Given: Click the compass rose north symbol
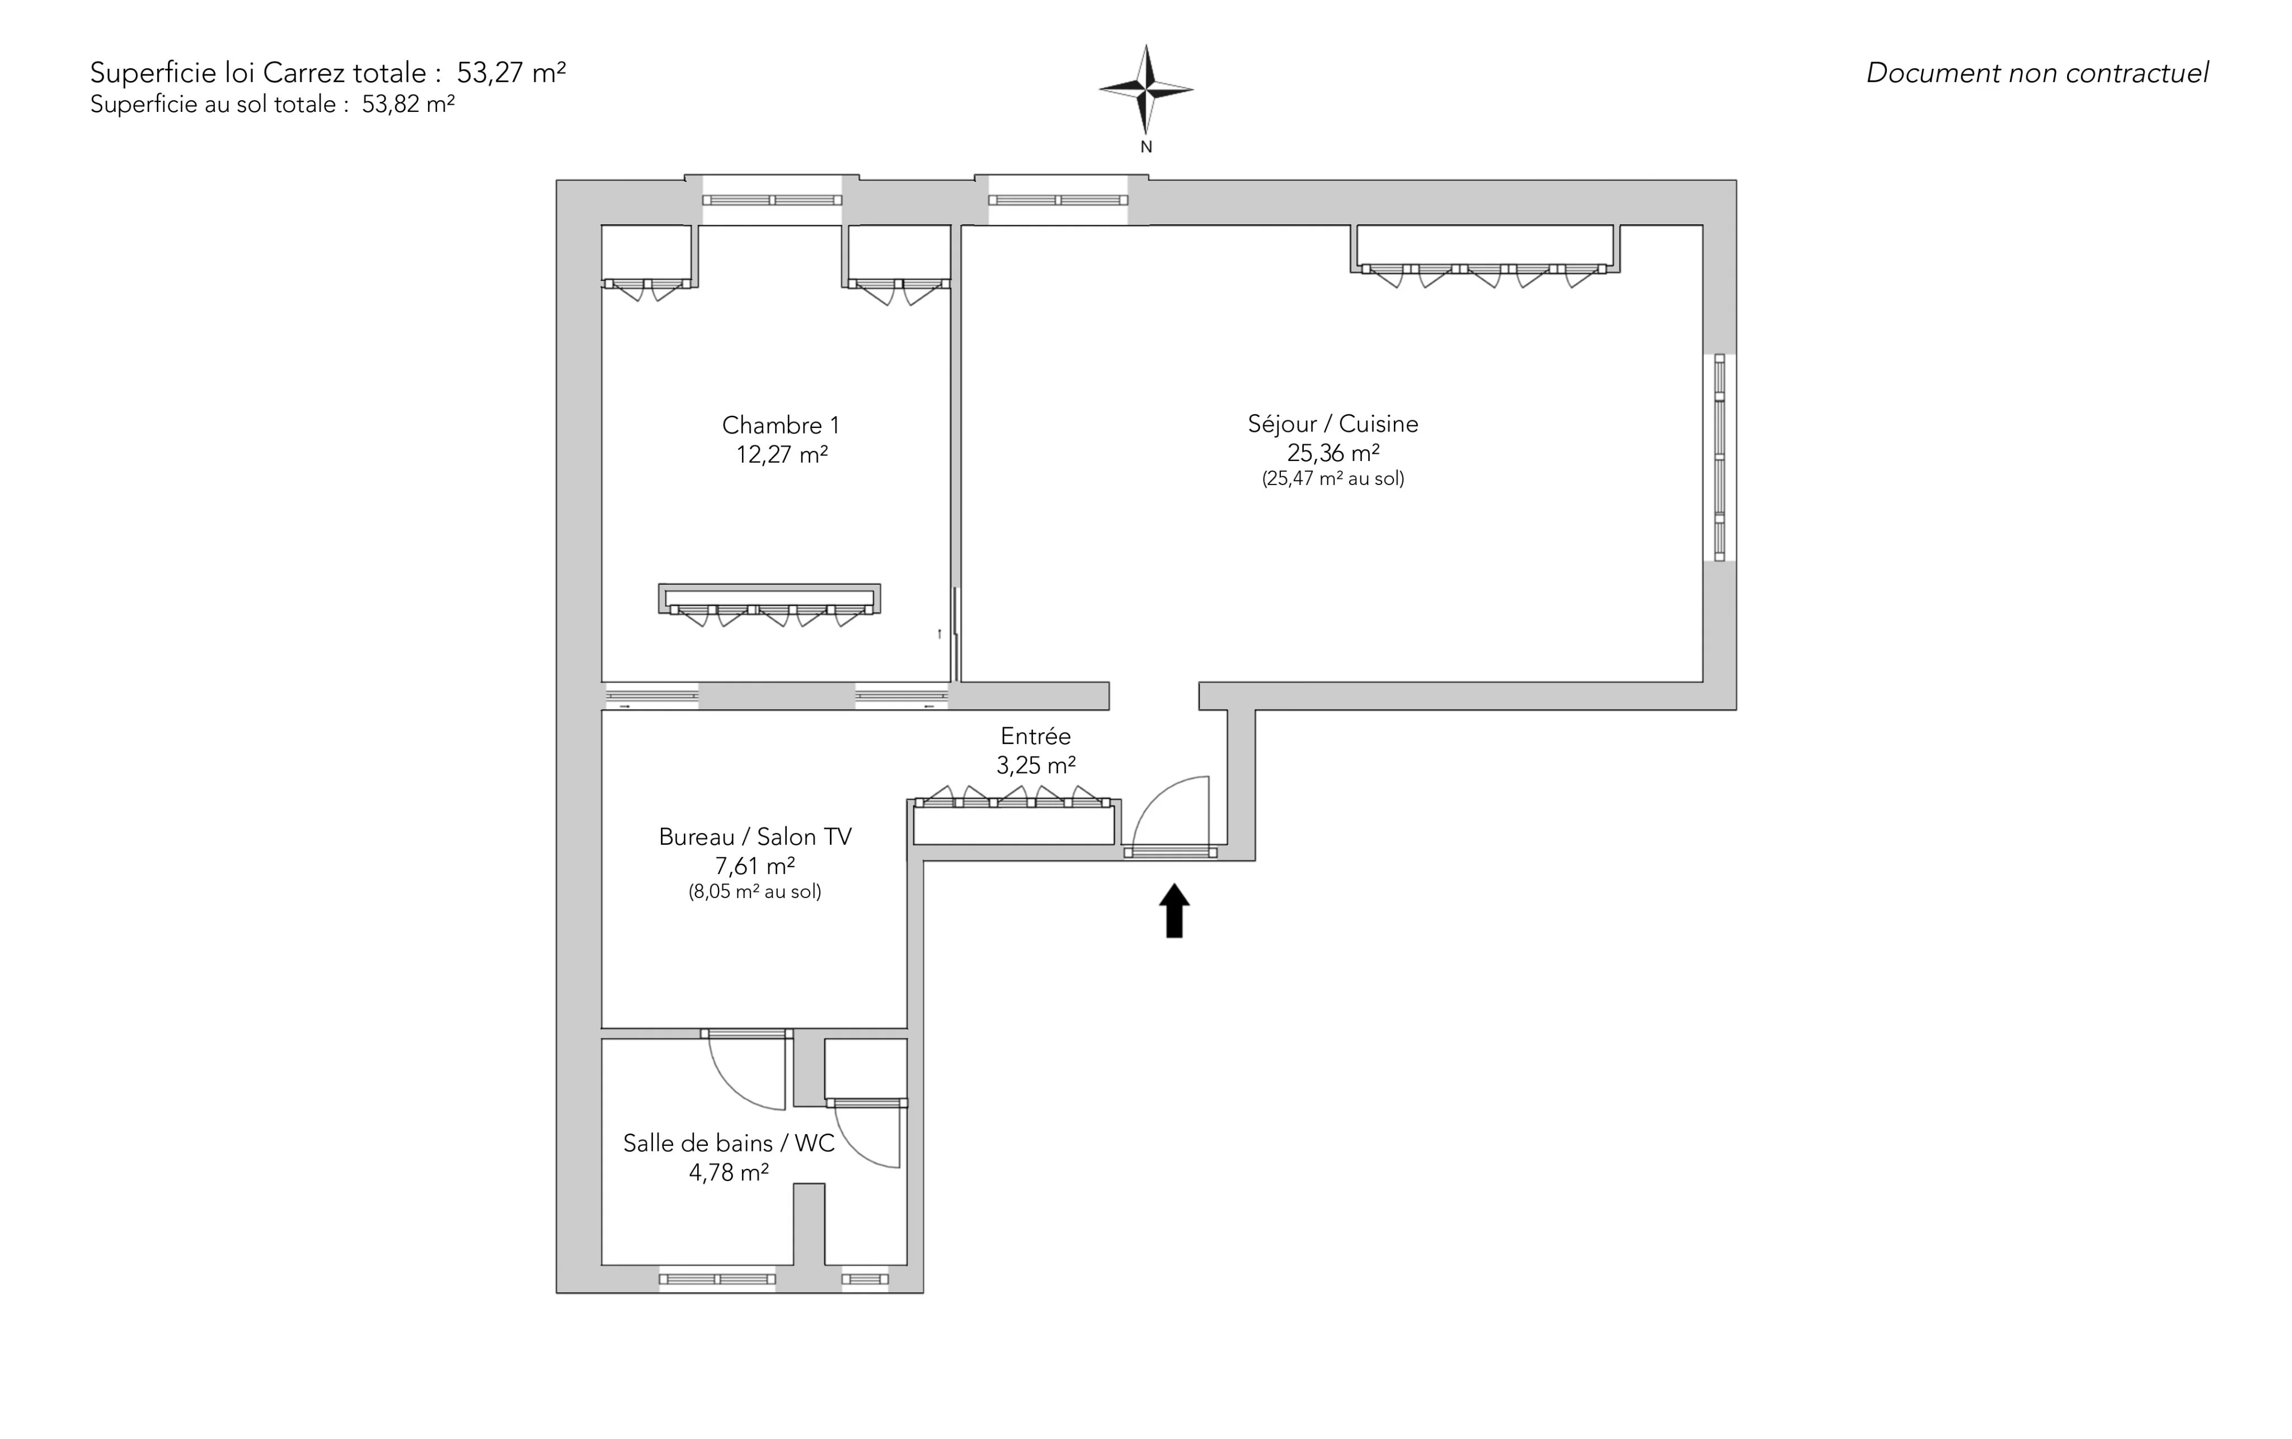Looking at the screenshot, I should click(1146, 91).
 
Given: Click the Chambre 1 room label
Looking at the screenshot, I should click(781, 425).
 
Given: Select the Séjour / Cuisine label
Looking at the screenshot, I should click(1332, 424).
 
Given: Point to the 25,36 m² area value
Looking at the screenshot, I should click(1332, 453).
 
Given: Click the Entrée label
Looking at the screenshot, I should click(1036, 736).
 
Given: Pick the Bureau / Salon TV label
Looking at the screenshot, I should click(755, 836).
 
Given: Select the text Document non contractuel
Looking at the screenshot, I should click(2037, 73).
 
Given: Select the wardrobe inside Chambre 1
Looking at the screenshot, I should click(769, 600).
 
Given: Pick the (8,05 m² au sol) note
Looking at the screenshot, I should click(755, 892).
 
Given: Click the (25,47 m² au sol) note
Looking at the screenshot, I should click(1332, 479).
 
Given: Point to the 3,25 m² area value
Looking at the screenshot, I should click(1036, 765).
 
